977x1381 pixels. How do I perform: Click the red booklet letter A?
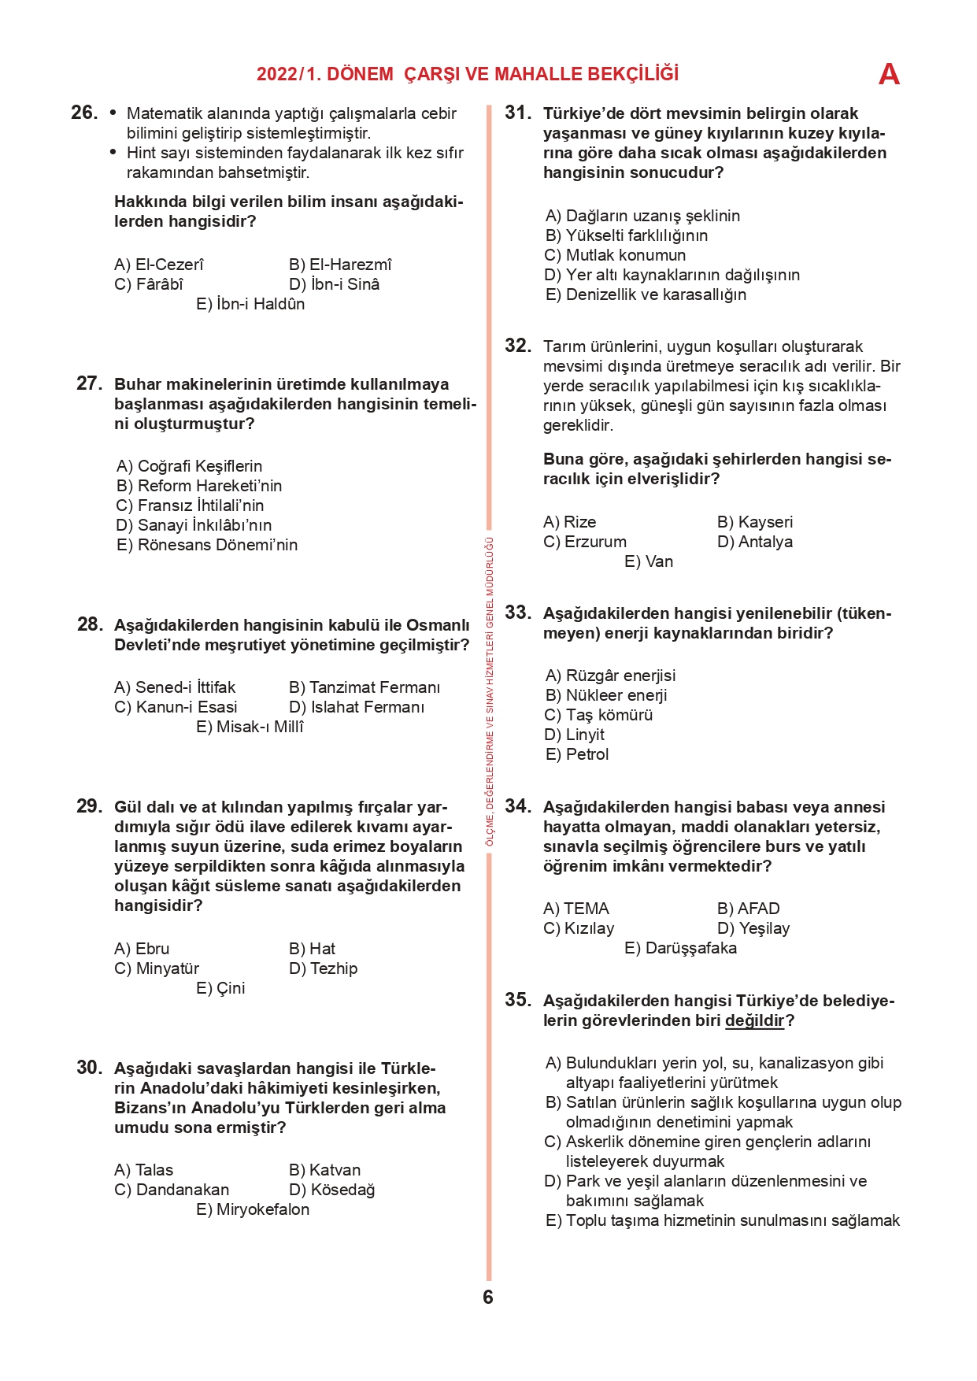(x=889, y=75)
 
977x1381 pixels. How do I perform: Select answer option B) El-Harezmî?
(x=339, y=265)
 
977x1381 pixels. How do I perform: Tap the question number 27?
(x=89, y=383)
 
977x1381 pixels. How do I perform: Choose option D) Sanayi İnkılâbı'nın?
(x=194, y=525)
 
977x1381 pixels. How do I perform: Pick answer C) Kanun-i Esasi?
(x=176, y=707)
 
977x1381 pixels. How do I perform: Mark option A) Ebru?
(x=142, y=949)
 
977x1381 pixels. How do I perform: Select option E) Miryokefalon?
(x=253, y=1209)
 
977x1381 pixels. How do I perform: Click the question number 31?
(x=518, y=113)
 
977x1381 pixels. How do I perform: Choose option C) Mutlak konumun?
(x=615, y=255)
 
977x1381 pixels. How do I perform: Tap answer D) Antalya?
(x=754, y=542)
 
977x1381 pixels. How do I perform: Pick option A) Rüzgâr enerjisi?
(x=610, y=676)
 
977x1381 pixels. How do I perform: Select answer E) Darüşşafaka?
(x=680, y=948)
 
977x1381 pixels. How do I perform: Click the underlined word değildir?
(x=755, y=1020)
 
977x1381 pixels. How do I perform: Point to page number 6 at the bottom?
(x=488, y=1297)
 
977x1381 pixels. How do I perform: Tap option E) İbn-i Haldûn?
(x=250, y=304)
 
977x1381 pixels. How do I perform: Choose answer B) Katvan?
(x=324, y=1170)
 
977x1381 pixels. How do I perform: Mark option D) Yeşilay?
(x=753, y=928)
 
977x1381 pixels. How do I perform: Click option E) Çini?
(x=220, y=988)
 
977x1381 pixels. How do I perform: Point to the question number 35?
(x=518, y=1000)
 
